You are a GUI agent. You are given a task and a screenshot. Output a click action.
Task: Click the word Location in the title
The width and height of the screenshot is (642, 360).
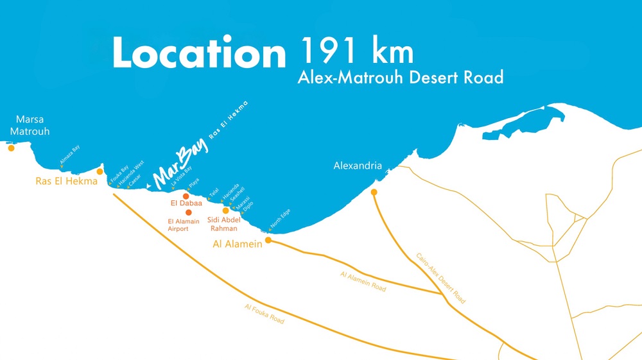coord(198,54)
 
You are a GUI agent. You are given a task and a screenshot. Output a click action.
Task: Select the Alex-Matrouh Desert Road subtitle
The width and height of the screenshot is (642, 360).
coord(400,78)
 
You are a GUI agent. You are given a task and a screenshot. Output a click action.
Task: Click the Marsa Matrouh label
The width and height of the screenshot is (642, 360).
coord(30,125)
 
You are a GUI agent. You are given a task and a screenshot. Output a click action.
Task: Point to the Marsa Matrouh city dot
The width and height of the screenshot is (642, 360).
coord(11,148)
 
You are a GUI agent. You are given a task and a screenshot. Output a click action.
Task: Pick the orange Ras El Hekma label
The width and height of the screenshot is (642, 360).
coord(66,181)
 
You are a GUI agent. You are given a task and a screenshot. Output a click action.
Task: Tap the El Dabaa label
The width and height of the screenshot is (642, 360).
coord(186,203)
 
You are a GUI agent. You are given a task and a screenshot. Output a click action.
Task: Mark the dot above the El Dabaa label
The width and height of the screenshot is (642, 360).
coord(186,196)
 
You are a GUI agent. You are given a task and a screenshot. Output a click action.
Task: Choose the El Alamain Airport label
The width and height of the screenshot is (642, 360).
coord(184,225)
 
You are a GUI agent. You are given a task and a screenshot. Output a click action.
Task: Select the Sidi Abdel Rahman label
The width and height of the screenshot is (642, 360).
coord(224,224)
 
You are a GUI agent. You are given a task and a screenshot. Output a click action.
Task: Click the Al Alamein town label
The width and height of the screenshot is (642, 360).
coord(238,244)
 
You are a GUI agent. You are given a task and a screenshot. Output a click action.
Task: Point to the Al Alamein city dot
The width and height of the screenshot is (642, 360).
coord(268,241)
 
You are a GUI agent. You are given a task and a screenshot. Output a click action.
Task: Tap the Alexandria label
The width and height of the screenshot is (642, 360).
coord(358,166)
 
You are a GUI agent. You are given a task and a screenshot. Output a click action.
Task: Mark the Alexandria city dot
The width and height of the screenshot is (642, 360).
coord(374,192)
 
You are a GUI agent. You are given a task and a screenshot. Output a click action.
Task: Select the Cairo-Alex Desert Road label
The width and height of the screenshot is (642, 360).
coord(440,278)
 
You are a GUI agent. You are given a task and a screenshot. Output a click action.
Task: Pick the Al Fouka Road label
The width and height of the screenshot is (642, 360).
coord(264,313)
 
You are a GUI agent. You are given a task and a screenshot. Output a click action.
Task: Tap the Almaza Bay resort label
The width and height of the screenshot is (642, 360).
coord(70,156)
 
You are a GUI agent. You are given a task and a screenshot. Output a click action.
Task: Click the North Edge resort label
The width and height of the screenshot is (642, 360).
coord(281,219)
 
